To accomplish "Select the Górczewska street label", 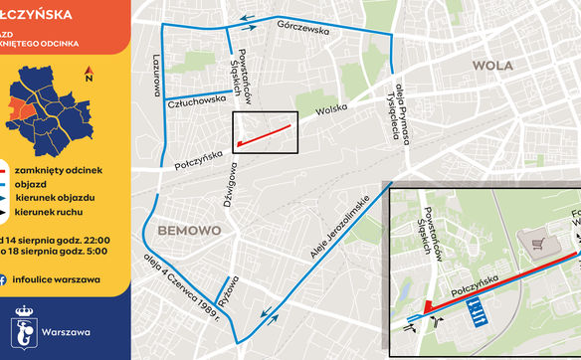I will (x=304, y=29).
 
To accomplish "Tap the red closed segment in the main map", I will (x=266, y=134).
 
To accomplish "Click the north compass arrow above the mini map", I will (x=89, y=73).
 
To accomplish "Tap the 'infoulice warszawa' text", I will (x=63, y=279).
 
